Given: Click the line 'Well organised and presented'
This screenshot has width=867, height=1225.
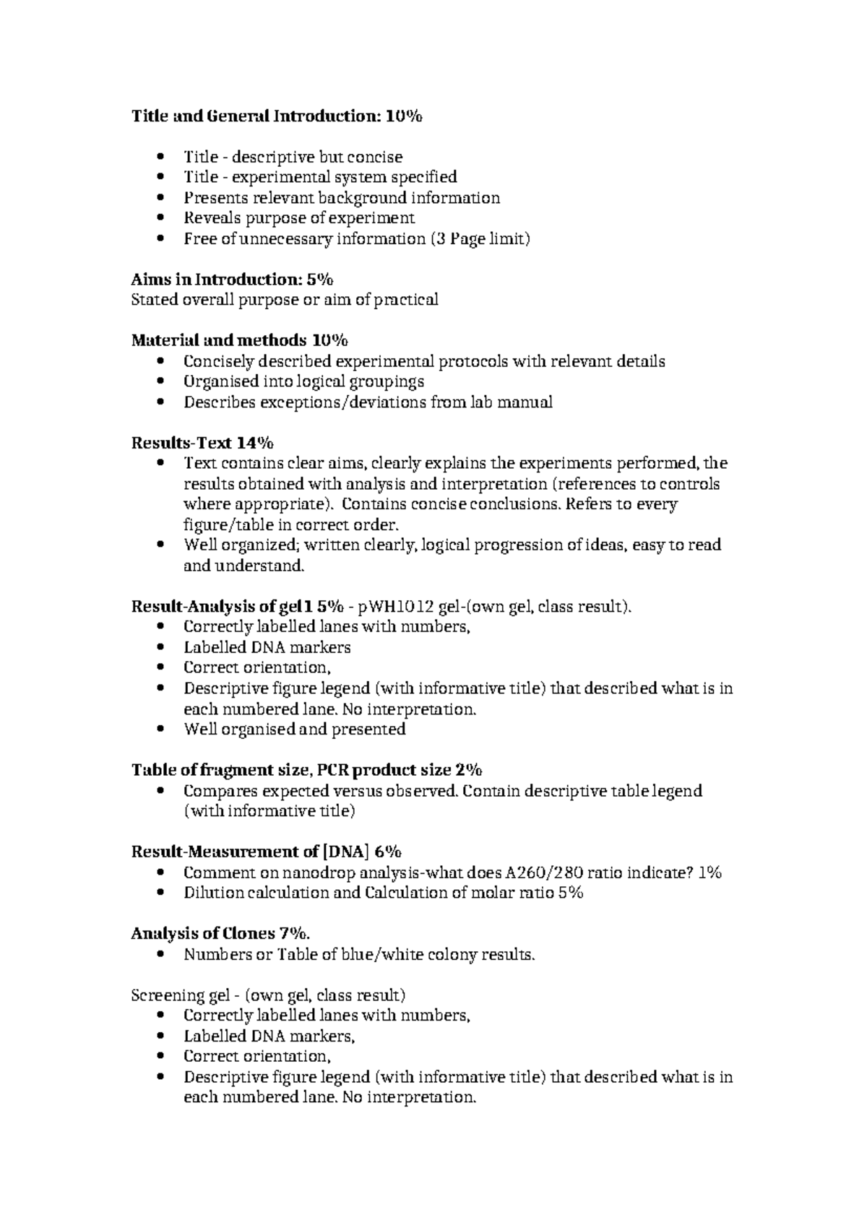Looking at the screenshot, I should click(x=294, y=730).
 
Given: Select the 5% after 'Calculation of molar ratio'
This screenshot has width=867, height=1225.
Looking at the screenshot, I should click(x=570, y=893).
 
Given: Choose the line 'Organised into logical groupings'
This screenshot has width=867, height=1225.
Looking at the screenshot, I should click(x=303, y=381).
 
